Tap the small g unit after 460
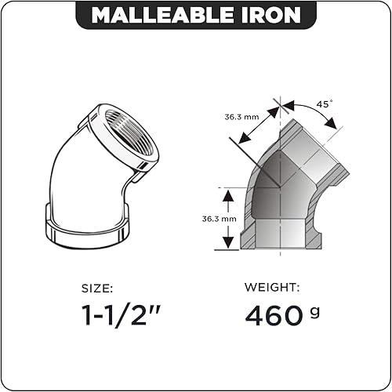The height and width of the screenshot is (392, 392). click(x=315, y=311)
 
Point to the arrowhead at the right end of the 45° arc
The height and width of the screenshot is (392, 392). click(x=336, y=127)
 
